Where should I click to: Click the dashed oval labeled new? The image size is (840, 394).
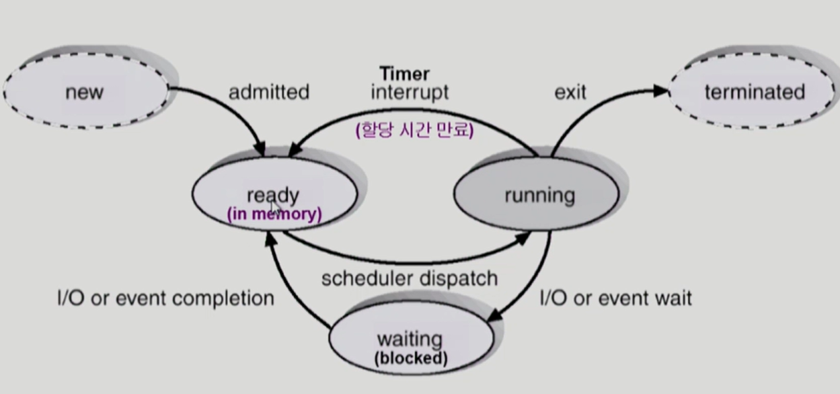85,91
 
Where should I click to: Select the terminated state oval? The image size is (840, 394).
754,91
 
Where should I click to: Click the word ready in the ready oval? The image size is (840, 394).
272,195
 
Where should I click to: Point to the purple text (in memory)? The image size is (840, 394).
274,214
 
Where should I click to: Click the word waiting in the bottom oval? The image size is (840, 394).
410,338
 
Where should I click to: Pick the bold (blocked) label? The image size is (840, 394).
411,358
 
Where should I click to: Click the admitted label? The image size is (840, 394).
268,91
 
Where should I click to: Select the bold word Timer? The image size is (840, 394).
404,73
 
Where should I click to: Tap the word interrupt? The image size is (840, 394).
409,91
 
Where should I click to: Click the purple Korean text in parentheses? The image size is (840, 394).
415,130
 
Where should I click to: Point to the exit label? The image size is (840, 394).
570,91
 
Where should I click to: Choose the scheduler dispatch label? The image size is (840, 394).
409,278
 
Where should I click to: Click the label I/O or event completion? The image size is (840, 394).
165,298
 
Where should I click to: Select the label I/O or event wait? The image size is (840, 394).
616,298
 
